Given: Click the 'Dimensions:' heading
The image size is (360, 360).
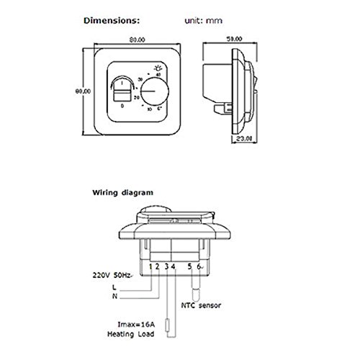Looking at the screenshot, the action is pos(112,21).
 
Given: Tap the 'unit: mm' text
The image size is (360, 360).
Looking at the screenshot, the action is pos(204,21).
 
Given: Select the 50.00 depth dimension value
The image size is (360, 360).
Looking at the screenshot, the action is pos(234,39).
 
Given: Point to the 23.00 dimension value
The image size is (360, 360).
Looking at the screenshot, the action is pos(244,138).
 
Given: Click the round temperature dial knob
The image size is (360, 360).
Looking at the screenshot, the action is pos(155,91).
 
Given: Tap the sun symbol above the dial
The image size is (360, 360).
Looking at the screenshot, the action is pos(158,68).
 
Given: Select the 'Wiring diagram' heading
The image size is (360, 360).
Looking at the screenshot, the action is pos(122,193).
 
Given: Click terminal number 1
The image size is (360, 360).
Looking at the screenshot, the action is pos(150,266).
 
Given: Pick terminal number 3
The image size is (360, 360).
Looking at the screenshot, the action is pos(167,266).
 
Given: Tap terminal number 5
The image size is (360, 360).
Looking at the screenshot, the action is pos(190,266).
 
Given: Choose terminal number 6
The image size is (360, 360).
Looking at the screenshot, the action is pos(199,266).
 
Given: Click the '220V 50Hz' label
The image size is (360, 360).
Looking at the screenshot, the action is pos(112,275).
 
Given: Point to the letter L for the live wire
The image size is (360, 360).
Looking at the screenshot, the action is pos(114,287).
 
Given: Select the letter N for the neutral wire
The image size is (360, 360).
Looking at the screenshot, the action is pos(114,297).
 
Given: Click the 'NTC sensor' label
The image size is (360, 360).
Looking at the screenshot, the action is pos(201,305).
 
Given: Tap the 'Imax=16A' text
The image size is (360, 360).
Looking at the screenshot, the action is pos(136,325).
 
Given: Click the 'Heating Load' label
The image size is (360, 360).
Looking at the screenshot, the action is pos(131,334).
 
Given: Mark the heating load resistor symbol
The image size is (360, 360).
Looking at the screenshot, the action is pos(167,325).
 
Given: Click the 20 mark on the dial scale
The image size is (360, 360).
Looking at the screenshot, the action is pos(137,98).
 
